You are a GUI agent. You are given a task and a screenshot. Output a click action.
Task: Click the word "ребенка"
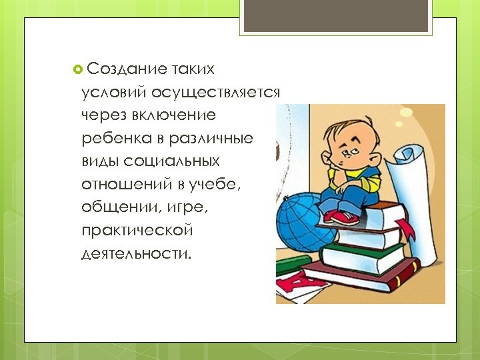pyautogui.click(x=112, y=138)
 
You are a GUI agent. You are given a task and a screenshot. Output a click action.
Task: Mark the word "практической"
pyautogui.click(x=137, y=231)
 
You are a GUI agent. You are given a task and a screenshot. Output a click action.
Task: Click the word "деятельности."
pyautogui.click(x=135, y=253)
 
